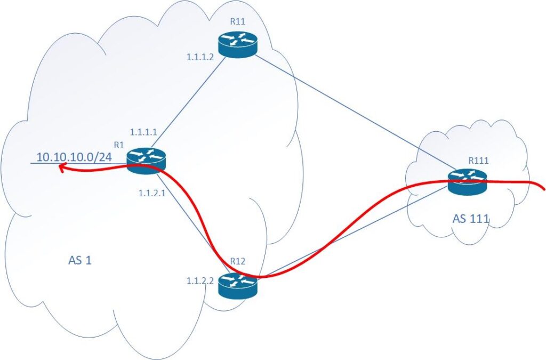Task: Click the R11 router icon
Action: [x=237, y=45]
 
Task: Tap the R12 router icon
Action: [x=238, y=284]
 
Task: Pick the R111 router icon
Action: [x=467, y=182]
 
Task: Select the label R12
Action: [x=237, y=261]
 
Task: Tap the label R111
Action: [x=477, y=159]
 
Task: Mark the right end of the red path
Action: [x=542, y=187]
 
